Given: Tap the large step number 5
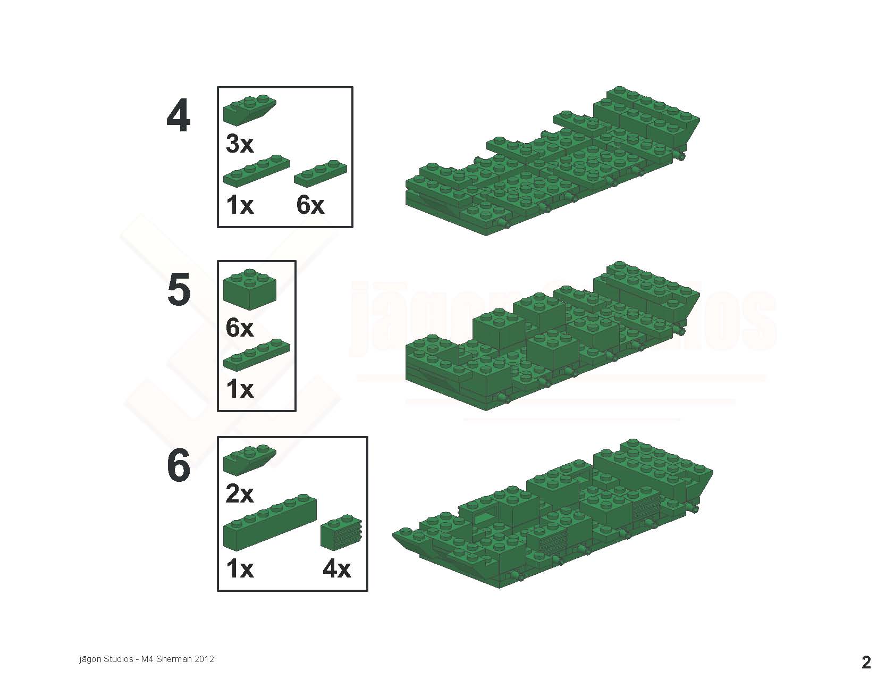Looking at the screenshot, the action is click(179, 289).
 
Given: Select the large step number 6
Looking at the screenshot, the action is click(179, 465).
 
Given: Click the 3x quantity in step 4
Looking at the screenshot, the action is click(240, 144).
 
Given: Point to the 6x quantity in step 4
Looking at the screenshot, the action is click(310, 205).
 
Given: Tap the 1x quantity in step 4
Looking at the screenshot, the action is click(240, 205).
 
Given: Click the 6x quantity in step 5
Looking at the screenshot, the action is click(240, 328).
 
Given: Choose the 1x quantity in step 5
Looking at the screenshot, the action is click(240, 389).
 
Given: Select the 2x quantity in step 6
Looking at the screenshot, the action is click(240, 493).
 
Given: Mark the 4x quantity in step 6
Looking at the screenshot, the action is click(337, 569).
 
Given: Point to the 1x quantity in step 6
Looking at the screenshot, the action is click(240, 569).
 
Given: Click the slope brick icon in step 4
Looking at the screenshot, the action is click(249, 110).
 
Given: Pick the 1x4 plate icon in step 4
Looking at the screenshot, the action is click(256, 170).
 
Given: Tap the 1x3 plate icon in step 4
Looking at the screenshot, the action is click(321, 173).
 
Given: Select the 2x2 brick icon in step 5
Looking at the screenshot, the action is click(249, 289).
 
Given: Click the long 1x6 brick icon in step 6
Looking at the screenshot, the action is click(269, 522).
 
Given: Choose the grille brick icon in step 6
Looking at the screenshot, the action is click(341, 532).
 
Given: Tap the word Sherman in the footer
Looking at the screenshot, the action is click(174, 659).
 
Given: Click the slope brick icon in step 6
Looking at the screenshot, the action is click(249, 459).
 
